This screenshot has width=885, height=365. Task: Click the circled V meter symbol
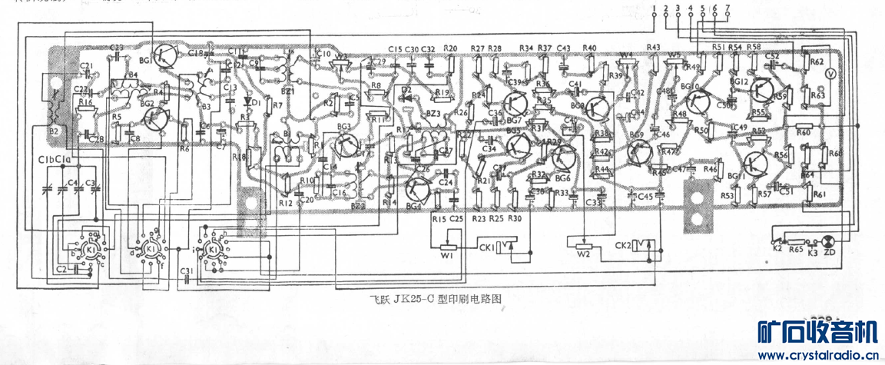830,72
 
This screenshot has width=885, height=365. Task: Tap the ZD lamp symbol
828,240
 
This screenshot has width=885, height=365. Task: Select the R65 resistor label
796,250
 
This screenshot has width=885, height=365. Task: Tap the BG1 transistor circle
164,55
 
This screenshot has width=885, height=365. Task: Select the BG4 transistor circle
419,190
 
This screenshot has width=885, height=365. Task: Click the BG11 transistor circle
756,163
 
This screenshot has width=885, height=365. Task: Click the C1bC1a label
54,160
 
